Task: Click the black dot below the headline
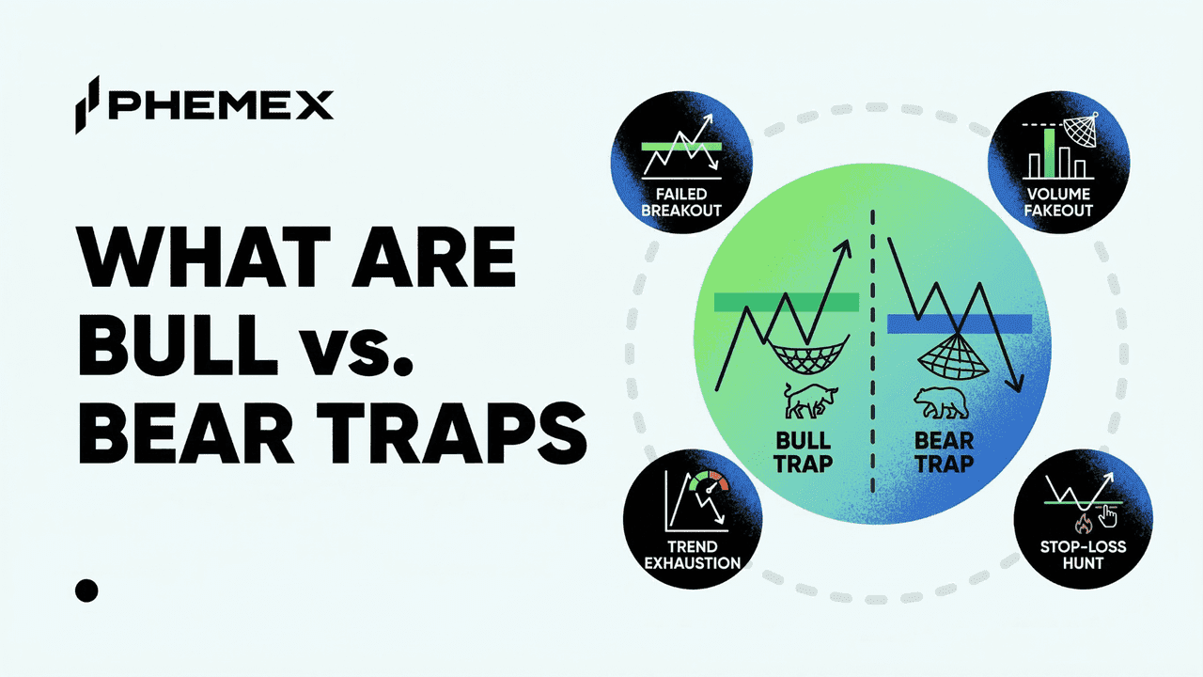(x=86, y=590)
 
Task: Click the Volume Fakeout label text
(x=1058, y=201)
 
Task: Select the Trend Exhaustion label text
(x=693, y=555)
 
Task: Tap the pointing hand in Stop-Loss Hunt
(x=1110, y=515)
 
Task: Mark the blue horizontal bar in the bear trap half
(x=959, y=323)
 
